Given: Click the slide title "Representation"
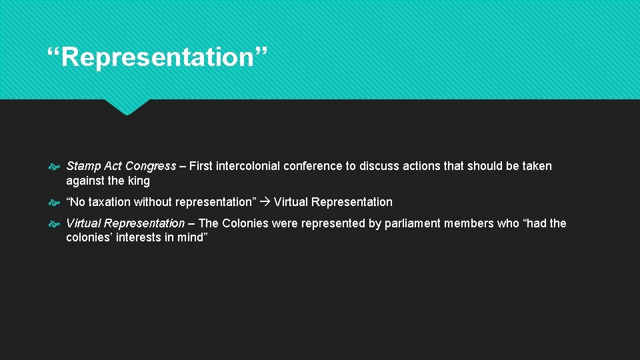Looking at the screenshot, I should pyautogui.click(x=157, y=57).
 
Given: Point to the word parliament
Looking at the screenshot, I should pyautogui.click(x=409, y=223).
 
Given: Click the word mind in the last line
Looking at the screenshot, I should pyautogui.click(x=194, y=238).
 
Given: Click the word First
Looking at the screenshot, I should pyautogui.click(x=201, y=166).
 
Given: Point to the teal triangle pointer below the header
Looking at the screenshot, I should pyautogui.click(x=127, y=107).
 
